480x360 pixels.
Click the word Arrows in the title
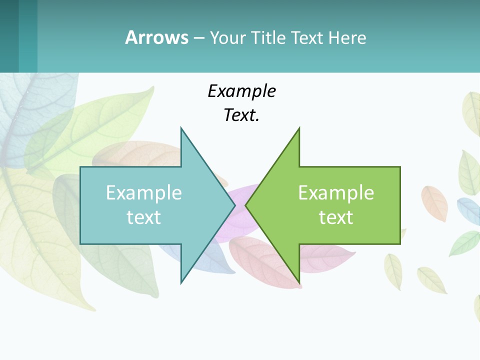click(156, 37)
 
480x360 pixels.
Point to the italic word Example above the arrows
click(241, 91)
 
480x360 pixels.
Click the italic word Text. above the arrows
click(241, 115)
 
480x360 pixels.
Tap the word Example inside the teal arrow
click(144, 192)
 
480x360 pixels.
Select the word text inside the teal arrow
click(144, 217)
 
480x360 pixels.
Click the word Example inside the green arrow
click(336, 192)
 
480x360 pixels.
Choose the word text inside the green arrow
click(336, 217)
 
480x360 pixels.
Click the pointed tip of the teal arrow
click(234, 205)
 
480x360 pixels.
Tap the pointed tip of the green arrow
click(245, 205)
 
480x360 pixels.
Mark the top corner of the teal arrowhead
click(181, 128)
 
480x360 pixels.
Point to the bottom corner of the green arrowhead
click(299, 283)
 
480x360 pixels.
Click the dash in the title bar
click(198, 37)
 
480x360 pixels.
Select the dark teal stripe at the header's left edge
click(9, 36)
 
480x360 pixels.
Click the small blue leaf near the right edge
click(469, 210)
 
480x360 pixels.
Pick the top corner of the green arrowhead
click(299, 128)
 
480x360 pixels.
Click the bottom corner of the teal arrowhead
click(181, 283)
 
